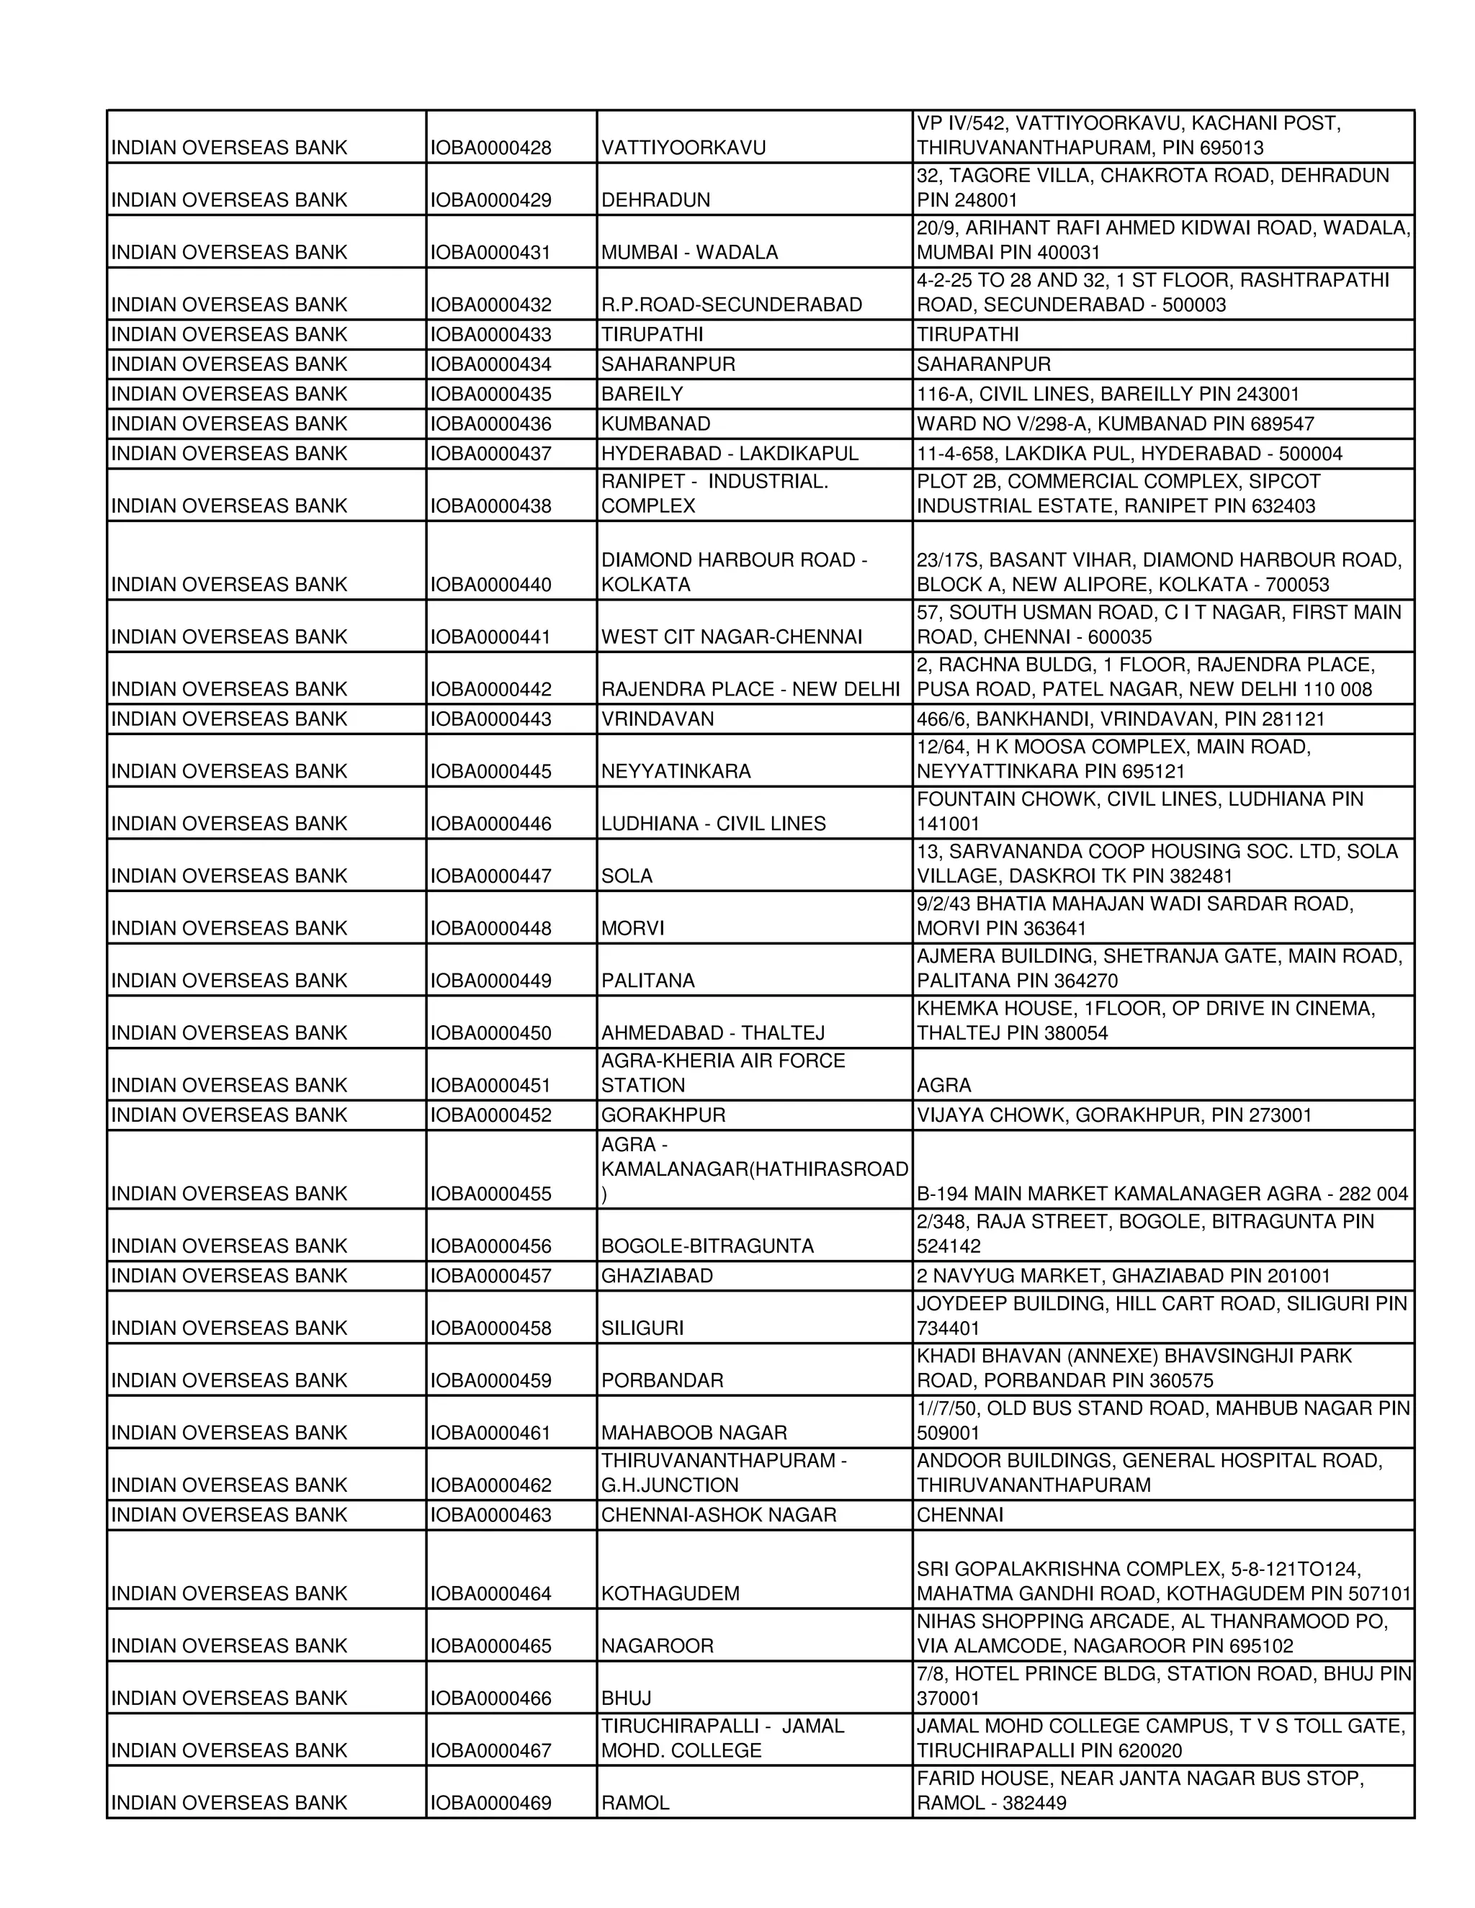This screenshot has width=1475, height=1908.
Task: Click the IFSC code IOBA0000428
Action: point(491,148)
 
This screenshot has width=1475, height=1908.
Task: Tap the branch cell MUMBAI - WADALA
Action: point(689,253)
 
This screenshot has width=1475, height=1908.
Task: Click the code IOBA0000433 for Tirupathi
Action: point(491,335)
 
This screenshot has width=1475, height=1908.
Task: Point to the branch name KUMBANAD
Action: point(655,423)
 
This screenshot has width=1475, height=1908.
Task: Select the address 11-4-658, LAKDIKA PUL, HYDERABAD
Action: point(1129,454)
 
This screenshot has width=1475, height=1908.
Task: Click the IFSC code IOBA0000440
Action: point(491,585)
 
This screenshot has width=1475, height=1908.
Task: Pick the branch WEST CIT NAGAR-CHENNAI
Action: point(732,637)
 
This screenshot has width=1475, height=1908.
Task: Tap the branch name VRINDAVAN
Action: point(657,719)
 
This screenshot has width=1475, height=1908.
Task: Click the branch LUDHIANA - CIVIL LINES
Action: point(713,824)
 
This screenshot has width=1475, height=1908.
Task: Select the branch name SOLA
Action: point(627,876)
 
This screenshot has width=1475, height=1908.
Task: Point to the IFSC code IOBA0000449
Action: point(491,981)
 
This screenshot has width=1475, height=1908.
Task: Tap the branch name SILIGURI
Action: point(642,1329)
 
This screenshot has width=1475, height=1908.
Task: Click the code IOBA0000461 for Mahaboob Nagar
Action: point(491,1434)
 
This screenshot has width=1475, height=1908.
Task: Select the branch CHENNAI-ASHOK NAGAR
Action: point(718,1516)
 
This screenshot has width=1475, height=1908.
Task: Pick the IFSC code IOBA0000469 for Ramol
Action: point(491,1804)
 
